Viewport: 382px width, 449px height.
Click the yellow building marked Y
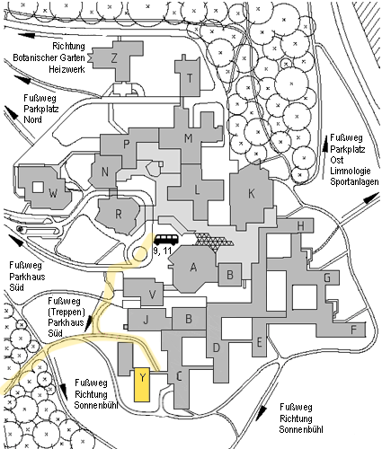point(142,384)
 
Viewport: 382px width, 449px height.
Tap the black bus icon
point(166,240)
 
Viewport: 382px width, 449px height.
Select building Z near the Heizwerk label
point(114,60)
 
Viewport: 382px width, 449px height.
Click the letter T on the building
point(190,78)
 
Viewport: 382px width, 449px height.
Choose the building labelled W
point(44,188)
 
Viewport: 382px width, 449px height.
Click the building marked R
point(119,215)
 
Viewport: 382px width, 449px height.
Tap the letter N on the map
point(104,172)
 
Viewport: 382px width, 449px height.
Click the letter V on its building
point(152,295)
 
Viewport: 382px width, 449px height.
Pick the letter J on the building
point(146,320)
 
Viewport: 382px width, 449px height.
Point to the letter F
point(354,330)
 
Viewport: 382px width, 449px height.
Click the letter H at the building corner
point(300,226)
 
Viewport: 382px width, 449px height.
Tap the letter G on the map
point(327,278)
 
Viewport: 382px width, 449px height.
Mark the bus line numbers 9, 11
point(162,251)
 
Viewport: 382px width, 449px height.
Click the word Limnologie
point(351,171)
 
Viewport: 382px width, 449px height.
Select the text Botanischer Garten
point(49,57)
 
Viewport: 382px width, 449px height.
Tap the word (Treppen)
point(67,312)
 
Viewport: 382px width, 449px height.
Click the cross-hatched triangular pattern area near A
point(214,240)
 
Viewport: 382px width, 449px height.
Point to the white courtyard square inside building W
point(38,188)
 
